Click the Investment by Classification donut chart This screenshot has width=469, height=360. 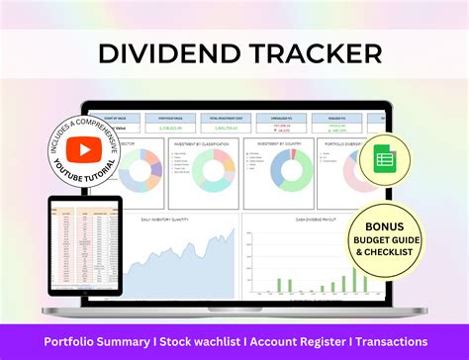tap(213, 170)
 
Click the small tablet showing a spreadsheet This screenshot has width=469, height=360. tap(84, 244)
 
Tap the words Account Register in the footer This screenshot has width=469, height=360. tap(296, 342)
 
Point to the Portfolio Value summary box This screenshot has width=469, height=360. tap(169, 123)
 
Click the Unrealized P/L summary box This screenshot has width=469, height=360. tap(282, 123)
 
